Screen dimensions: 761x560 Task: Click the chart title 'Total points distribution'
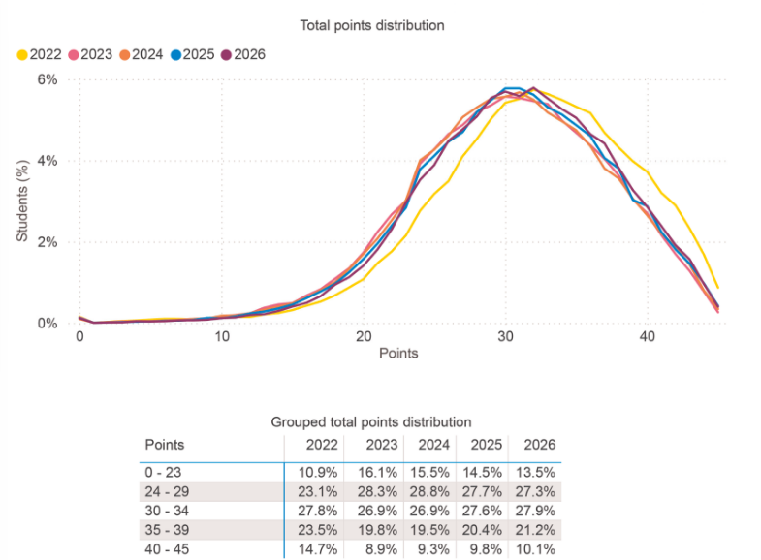pyautogui.click(x=371, y=25)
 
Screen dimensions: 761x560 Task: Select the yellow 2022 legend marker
pyautogui.click(x=22, y=55)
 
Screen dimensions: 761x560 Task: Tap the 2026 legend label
pyautogui.click(x=249, y=54)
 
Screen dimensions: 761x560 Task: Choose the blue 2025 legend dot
pyautogui.click(x=175, y=55)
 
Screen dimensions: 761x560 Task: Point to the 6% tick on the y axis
pyautogui.click(x=48, y=79)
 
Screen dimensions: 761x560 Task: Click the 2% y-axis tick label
pyautogui.click(x=48, y=242)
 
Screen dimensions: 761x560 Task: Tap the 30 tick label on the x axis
pyautogui.click(x=505, y=336)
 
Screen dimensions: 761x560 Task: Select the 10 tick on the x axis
pyautogui.click(x=222, y=336)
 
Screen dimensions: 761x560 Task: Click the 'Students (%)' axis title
pyautogui.click(x=22, y=201)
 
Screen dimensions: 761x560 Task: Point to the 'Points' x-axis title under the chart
pyautogui.click(x=398, y=353)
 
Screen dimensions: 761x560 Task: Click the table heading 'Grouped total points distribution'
pyautogui.click(x=371, y=421)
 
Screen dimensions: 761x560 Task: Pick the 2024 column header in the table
pyautogui.click(x=434, y=445)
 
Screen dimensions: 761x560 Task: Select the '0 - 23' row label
pyautogui.click(x=163, y=472)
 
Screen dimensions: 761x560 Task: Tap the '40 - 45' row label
pyautogui.click(x=167, y=549)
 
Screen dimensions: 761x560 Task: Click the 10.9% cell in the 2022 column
pyautogui.click(x=318, y=472)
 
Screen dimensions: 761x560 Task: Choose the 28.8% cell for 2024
pyautogui.click(x=429, y=491)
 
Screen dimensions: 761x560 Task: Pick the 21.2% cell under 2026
pyautogui.click(x=535, y=530)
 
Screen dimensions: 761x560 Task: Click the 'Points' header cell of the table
pyautogui.click(x=165, y=445)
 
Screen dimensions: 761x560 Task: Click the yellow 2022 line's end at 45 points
pyautogui.click(x=717, y=288)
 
